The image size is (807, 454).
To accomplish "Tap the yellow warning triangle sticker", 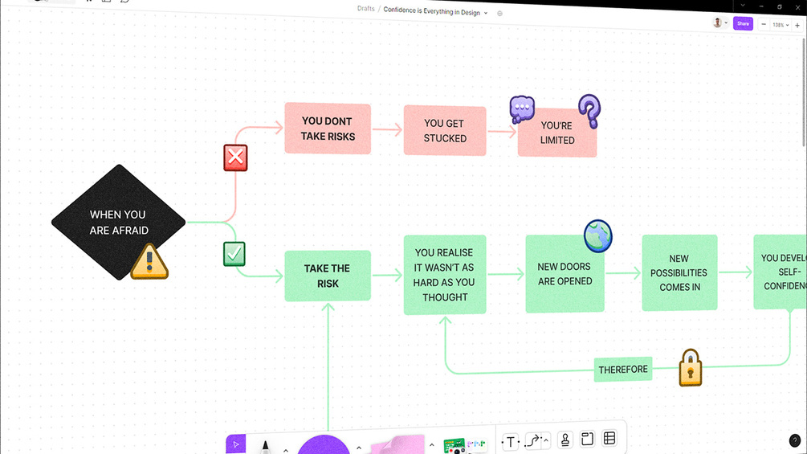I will point(149,262).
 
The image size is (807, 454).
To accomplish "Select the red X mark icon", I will point(235,157).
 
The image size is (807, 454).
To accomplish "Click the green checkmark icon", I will point(234,255).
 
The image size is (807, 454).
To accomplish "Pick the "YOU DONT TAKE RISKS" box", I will point(327,129).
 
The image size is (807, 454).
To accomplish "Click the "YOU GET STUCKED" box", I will point(445,130).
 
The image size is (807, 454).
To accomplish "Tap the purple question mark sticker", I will point(590,112).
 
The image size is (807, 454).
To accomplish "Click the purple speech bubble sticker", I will point(522,108).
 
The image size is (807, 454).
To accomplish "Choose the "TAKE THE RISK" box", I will point(328,276).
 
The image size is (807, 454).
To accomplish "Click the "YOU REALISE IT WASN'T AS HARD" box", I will point(445,275).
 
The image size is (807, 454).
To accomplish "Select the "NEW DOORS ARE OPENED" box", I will point(564,275).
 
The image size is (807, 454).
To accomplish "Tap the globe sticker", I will point(598,236).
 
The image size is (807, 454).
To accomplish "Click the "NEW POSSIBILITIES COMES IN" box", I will point(679,273).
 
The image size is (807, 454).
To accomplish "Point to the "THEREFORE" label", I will point(623,370).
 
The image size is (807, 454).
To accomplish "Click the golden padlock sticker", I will point(691,368).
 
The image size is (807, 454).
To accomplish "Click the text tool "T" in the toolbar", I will point(511,441).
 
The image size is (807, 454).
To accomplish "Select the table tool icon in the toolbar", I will point(609,439).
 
